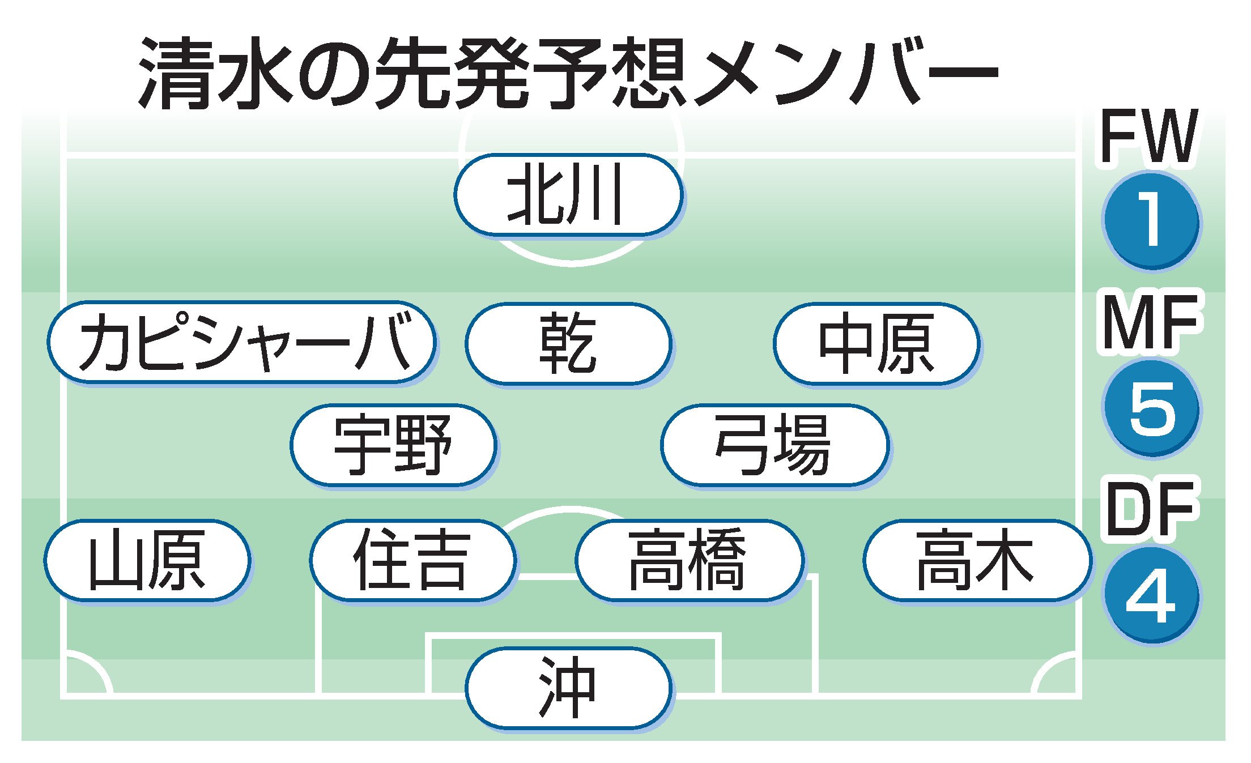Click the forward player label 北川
(568, 194)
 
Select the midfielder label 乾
(568, 344)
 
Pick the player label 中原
(876, 344)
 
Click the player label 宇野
(393, 445)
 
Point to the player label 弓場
(774, 445)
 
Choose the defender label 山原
(147, 560)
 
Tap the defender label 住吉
(412, 560)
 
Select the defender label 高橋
(689, 560)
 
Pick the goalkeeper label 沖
(568, 687)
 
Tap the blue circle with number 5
(1151, 408)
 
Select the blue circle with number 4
(1151, 595)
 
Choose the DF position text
(1150, 508)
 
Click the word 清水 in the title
(217, 74)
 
